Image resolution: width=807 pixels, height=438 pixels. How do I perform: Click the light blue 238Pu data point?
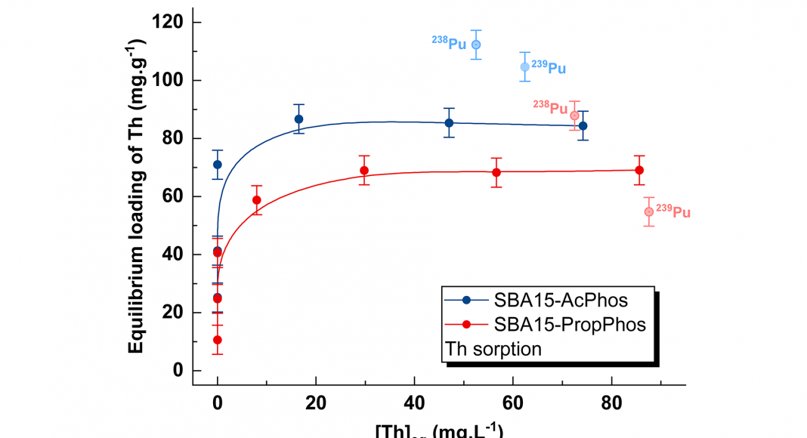(x=476, y=45)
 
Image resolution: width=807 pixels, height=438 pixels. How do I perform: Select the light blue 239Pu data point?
(x=525, y=67)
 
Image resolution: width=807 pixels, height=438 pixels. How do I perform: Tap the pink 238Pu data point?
(x=574, y=116)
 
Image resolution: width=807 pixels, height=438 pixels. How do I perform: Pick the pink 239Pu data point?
(x=648, y=211)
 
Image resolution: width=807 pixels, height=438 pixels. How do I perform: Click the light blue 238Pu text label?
(x=449, y=43)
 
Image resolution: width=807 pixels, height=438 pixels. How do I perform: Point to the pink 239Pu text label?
(x=672, y=211)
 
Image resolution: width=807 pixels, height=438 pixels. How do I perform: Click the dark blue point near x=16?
(x=298, y=119)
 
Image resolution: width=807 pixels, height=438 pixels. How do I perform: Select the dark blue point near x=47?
(x=449, y=123)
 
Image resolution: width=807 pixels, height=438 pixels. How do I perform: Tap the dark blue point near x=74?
(x=583, y=126)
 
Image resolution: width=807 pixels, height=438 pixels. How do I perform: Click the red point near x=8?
(x=256, y=200)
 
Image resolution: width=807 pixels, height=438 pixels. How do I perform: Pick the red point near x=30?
(x=364, y=170)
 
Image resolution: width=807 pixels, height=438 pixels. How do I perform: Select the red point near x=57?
(x=496, y=172)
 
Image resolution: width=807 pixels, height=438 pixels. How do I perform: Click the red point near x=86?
(x=639, y=170)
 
